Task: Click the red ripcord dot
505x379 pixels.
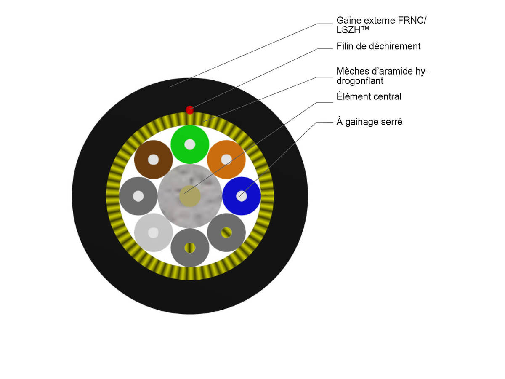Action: click(190, 110)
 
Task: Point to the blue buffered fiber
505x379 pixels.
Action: click(251, 196)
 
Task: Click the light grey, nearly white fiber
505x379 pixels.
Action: click(153, 241)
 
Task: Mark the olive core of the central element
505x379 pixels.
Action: click(190, 196)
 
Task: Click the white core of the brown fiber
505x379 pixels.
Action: click(153, 160)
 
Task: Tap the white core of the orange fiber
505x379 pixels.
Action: click(226, 159)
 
